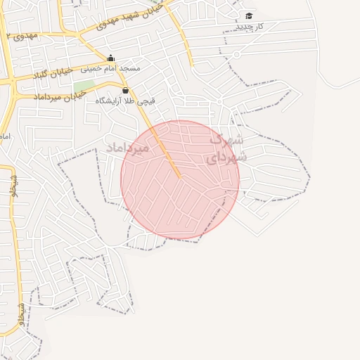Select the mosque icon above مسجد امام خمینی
(x=110, y=58)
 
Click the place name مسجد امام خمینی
(x=111, y=69)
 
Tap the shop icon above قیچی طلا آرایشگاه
(x=125, y=90)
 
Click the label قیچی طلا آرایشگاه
(x=125, y=101)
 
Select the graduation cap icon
(x=249, y=15)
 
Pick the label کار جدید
(x=249, y=26)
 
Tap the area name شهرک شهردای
(x=226, y=148)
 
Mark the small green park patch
(x=84, y=86)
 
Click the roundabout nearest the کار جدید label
(x=237, y=53)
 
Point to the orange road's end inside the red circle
(x=179, y=176)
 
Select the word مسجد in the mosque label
(x=130, y=69)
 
